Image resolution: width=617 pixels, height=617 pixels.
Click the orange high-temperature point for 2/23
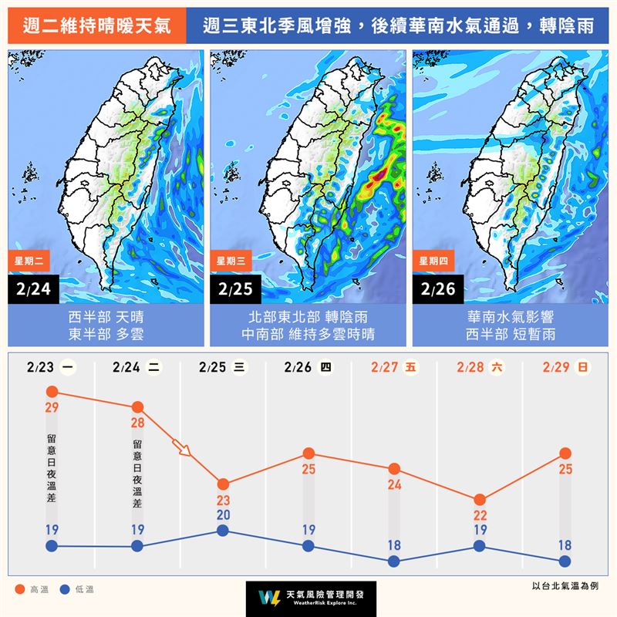point(52,392)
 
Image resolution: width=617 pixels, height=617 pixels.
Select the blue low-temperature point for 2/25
point(223,530)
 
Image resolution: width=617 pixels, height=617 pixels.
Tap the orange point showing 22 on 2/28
point(480,500)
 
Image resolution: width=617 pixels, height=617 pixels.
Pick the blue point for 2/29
point(565,561)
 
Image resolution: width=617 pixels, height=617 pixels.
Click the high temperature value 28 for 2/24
point(138,423)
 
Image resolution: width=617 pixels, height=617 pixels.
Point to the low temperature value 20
point(223,514)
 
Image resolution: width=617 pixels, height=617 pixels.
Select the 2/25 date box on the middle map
point(235,290)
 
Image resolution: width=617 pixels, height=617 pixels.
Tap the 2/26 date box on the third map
point(437,290)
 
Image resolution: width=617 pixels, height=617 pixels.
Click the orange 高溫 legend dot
point(20,590)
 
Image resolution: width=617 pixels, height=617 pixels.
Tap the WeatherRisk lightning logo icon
point(269,598)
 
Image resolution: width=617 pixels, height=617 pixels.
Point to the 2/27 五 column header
point(393,368)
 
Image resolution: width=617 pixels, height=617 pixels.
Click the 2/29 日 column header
point(565,368)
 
